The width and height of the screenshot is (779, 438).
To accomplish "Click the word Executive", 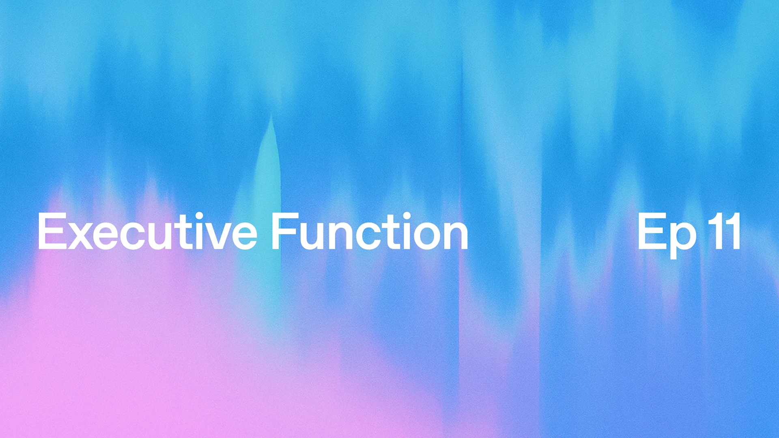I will pos(147,232).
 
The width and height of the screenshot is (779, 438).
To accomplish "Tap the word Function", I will pos(369,232).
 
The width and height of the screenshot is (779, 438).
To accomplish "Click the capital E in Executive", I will pos(52,231).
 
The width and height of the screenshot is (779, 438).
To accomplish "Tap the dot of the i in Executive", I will pos(199,215).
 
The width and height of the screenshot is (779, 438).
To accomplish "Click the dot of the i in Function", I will pos(407,215).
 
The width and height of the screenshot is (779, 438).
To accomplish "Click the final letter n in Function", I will pos(456,236).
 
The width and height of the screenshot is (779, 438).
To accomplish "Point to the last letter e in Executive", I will pos(244,236).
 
